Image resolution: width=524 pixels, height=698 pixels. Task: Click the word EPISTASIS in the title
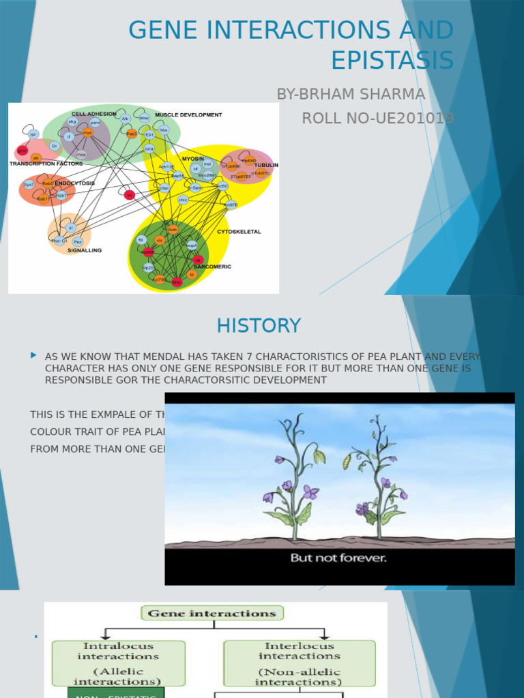392,61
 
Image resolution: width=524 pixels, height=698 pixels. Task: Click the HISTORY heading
259,326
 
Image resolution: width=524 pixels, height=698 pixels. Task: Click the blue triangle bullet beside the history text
33,355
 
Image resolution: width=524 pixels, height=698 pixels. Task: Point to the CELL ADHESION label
94,114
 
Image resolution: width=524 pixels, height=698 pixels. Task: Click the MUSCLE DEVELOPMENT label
188,115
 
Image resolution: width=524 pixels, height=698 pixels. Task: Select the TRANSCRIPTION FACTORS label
46,164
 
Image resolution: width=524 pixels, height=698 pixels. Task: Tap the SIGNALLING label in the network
85,250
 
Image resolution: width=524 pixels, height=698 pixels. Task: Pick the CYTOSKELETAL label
239,232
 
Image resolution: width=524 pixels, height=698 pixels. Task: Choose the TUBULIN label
266,165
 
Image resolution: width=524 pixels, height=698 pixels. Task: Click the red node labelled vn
130,195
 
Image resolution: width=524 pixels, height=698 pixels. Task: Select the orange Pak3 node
132,134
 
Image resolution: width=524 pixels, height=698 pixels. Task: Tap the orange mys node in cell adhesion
87,132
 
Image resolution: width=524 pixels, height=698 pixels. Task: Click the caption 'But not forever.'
338,558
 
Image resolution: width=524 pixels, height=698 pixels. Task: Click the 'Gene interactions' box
212,613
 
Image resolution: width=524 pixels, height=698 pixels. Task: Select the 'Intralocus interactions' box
118,663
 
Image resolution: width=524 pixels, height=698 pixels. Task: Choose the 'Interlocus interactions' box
300,663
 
